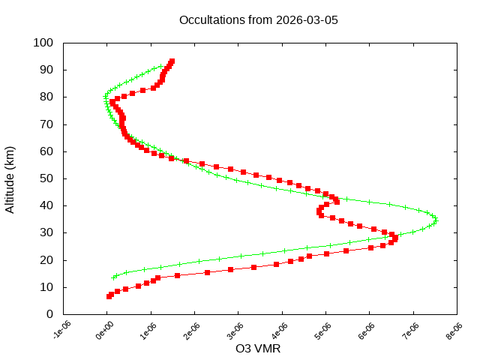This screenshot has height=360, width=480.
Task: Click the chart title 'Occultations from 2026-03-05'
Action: [258, 19]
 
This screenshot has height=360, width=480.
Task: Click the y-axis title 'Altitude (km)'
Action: [10, 178]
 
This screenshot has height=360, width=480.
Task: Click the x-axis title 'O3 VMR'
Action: [258, 349]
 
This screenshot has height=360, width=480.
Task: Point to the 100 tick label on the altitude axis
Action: [43, 43]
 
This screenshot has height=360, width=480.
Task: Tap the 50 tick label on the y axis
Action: [46, 178]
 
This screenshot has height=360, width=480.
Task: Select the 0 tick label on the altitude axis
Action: [49, 314]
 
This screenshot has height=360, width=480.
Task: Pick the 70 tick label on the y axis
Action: [46, 124]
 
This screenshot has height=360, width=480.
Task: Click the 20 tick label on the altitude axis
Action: [46, 260]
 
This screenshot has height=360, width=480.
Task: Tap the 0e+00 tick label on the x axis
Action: [106, 331]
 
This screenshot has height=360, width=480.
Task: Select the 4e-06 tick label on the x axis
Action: [280, 331]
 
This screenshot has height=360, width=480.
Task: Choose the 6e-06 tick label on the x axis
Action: [367, 331]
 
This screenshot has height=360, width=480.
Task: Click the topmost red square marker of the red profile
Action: [172, 61]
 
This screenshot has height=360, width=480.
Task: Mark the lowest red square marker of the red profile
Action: [109, 296]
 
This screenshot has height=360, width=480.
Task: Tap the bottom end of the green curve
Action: [114, 277]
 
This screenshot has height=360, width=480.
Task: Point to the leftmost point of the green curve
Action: [105, 97]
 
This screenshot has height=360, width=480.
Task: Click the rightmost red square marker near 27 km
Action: [395, 239]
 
